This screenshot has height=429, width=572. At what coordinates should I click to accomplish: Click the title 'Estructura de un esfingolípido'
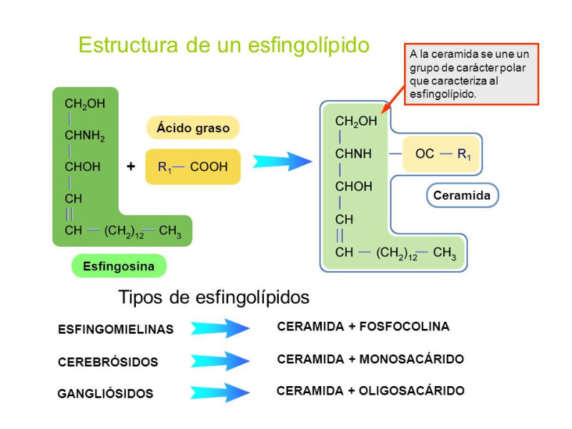(x=224, y=45)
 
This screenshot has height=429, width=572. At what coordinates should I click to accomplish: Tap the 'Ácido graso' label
(x=193, y=128)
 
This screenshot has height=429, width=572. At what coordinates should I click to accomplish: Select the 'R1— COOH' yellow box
(x=193, y=167)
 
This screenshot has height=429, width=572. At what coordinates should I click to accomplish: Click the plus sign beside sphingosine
(x=131, y=167)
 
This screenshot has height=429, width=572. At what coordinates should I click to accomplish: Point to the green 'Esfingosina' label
(x=119, y=266)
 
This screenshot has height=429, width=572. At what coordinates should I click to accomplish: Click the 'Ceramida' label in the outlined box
(x=462, y=195)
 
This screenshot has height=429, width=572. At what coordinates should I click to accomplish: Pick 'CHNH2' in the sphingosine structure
(x=84, y=136)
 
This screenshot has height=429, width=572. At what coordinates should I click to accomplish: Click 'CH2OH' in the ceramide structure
(x=355, y=122)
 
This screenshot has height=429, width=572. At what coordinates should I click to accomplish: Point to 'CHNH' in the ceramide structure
(x=353, y=154)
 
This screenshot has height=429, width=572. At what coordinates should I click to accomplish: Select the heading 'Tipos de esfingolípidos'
(x=214, y=297)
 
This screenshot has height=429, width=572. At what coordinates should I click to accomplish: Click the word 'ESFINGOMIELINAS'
(x=116, y=330)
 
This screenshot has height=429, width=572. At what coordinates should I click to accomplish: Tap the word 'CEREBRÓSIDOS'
(x=108, y=362)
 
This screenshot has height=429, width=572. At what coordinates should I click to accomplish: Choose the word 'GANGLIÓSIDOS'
(x=105, y=394)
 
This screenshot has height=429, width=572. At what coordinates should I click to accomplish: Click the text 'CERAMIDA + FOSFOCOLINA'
(x=363, y=327)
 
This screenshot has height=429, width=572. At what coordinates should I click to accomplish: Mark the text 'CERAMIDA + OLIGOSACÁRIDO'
(x=370, y=391)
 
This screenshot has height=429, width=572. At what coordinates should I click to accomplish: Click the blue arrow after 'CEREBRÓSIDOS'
(x=220, y=360)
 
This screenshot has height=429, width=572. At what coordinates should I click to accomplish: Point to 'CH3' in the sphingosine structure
(x=170, y=231)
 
